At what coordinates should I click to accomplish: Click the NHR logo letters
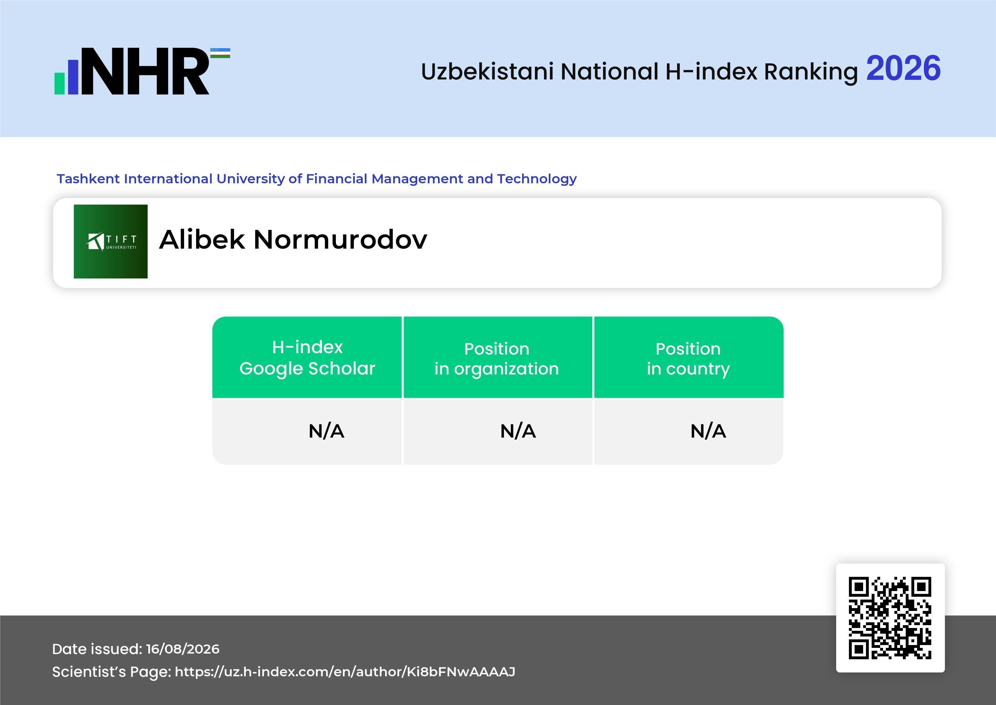145,71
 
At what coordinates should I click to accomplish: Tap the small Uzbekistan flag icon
220,53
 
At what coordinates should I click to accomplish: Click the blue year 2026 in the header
903,68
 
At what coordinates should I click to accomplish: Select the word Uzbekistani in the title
487,71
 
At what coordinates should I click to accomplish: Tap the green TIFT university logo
111,241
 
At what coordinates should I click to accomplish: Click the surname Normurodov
340,239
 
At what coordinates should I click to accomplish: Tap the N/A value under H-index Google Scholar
326,431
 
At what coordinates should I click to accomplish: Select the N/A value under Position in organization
518,431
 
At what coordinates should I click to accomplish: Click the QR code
890,618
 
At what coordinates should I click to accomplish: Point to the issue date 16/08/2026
183,649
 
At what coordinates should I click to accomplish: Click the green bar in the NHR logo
59,83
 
